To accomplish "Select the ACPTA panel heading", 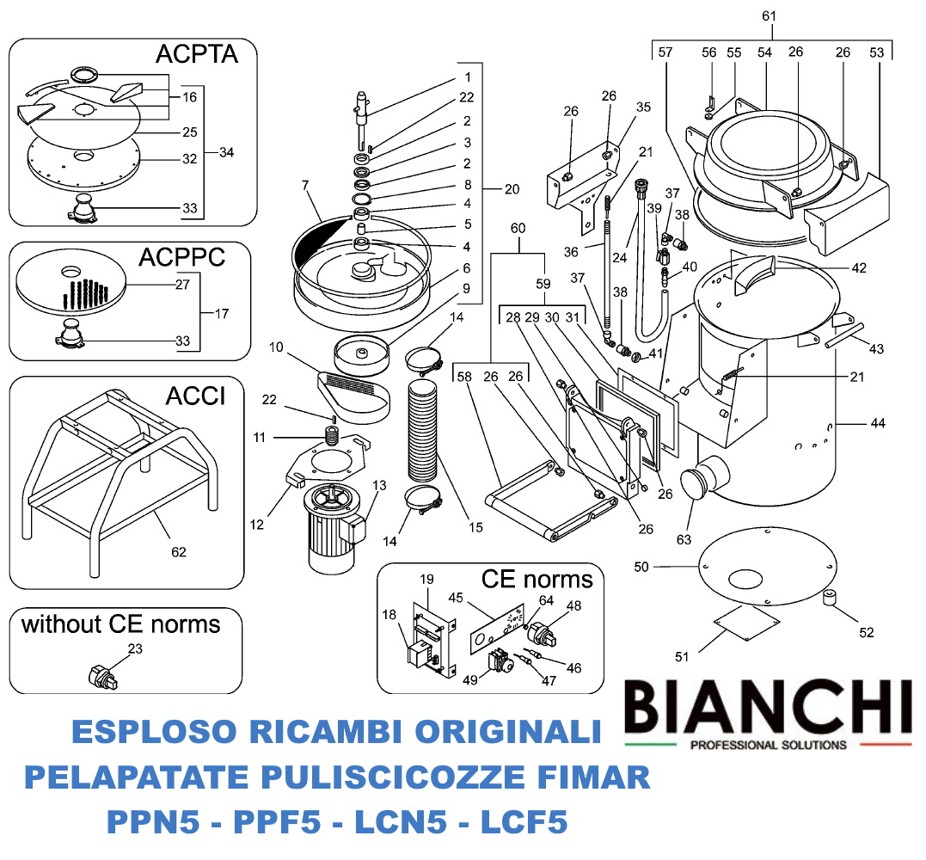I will (x=207, y=55).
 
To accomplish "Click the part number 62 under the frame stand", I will (x=179, y=551).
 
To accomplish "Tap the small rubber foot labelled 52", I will (x=831, y=598).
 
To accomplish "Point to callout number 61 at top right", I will (x=769, y=16).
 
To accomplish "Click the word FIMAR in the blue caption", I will (x=592, y=778).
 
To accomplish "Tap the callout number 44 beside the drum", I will (x=877, y=422).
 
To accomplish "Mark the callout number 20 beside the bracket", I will (x=512, y=187).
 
